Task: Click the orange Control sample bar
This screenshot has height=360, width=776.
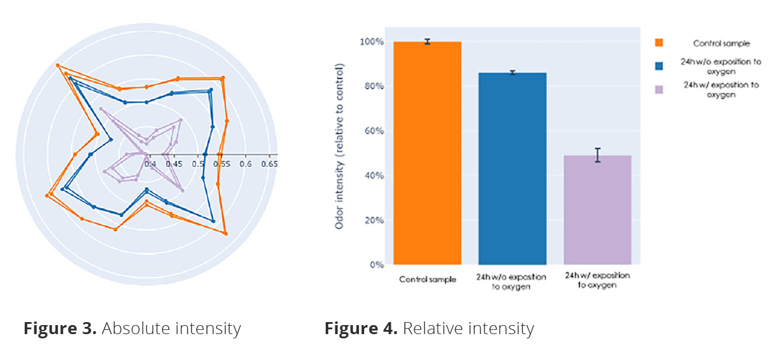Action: [x=427, y=154]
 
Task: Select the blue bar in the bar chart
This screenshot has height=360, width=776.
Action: [x=512, y=169]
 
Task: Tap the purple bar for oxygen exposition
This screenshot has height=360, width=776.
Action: [x=597, y=211]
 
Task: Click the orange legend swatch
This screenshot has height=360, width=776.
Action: [x=659, y=43]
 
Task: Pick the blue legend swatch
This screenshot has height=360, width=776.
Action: [x=659, y=66]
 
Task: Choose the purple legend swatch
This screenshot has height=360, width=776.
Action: [x=659, y=89]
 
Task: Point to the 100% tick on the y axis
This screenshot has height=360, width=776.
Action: [x=371, y=42]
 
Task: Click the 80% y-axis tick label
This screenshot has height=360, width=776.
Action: [x=374, y=87]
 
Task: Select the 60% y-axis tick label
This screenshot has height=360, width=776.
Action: [x=374, y=131]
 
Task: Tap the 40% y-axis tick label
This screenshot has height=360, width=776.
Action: [x=374, y=176]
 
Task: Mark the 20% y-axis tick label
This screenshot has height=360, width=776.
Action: [x=374, y=220]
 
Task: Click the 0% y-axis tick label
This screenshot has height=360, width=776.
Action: [x=376, y=265]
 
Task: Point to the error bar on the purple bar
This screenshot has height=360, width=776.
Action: [x=597, y=155]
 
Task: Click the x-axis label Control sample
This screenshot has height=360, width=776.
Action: [x=427, y=279]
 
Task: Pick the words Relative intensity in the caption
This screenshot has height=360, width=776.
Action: [x=468, y=329]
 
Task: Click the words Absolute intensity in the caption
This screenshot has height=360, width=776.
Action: [x=171, y=329]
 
